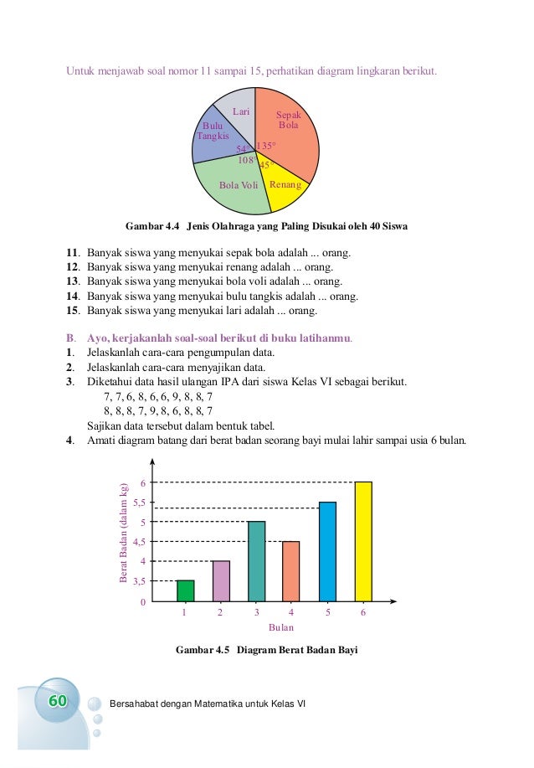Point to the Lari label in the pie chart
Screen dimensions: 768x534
click(241, 111)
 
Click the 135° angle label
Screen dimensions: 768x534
click(266, 146)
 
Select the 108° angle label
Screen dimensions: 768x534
click(247, 159)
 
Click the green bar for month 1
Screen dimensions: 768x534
click(185, 590)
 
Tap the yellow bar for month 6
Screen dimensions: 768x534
click(363, 542)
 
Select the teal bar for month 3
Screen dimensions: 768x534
click(256, 561)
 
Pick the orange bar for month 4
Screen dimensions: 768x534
click(292, 571)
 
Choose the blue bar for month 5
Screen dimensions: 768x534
click(327, 551)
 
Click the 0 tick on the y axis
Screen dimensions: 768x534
click(143, 601)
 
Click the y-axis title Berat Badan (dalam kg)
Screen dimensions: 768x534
click(123, 533)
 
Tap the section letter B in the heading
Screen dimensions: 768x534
click(69, 338)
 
